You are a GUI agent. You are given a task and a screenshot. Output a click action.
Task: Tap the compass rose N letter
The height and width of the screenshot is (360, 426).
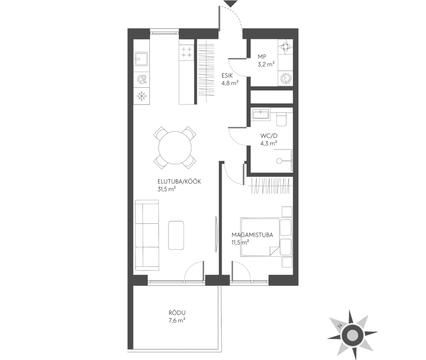339,326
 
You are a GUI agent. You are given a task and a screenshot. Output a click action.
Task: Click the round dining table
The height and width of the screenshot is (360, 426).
175,148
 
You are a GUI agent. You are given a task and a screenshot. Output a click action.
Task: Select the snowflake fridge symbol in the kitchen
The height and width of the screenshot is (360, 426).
141,96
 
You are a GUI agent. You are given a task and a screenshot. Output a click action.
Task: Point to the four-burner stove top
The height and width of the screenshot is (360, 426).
186,52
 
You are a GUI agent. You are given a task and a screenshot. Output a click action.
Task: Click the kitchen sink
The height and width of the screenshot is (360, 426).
141,59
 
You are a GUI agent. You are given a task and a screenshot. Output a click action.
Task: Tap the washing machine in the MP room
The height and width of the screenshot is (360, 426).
285,79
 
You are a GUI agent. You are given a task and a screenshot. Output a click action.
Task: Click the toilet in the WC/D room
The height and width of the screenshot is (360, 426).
281,120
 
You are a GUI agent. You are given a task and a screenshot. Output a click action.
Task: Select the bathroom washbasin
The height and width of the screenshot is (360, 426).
261,114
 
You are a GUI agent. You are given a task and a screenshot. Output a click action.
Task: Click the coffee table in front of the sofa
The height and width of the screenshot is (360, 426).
176,235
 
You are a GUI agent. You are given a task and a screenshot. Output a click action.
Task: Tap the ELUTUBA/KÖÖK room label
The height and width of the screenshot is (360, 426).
179,181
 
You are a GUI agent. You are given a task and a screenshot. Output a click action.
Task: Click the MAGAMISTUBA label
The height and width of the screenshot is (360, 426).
252,235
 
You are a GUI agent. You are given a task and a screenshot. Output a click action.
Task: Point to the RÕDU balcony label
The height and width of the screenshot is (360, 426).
177,313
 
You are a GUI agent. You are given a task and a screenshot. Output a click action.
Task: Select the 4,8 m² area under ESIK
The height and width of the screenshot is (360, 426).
230,83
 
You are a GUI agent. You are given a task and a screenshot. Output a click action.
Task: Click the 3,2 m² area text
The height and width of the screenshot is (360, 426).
266,64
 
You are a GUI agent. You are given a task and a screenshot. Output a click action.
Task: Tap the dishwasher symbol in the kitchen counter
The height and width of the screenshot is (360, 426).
141,79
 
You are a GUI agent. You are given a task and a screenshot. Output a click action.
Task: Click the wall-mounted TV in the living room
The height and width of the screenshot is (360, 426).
216,234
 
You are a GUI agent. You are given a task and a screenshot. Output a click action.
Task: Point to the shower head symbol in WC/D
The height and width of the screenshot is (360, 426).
279,161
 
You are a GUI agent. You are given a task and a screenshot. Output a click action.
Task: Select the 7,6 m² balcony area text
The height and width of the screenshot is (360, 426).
177,320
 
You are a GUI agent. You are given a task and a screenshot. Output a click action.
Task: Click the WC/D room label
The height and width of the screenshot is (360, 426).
269,136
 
